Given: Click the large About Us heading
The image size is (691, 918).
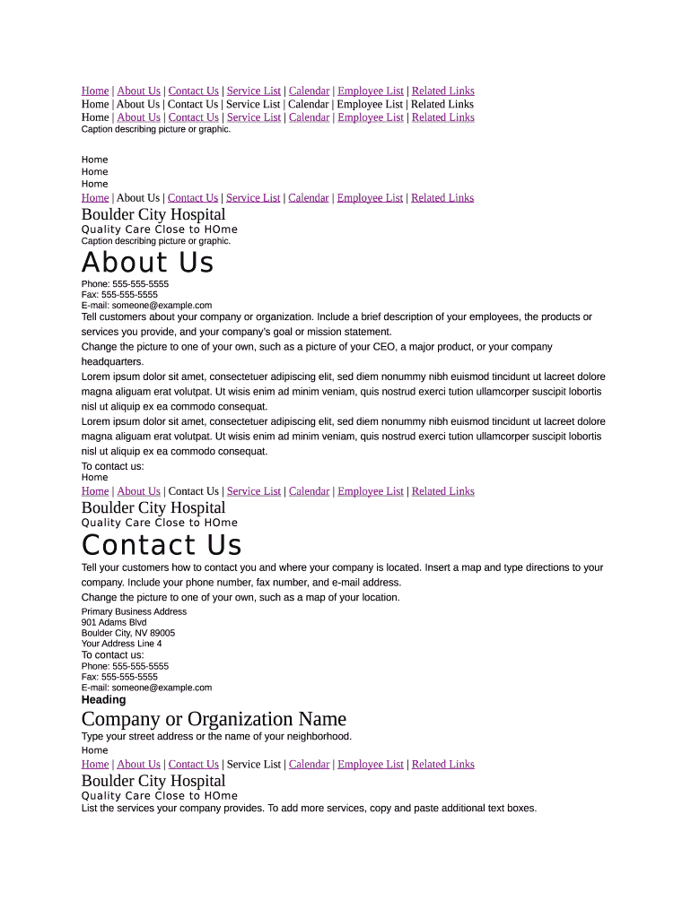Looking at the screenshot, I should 147,263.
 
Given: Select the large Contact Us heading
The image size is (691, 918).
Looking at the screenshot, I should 162,545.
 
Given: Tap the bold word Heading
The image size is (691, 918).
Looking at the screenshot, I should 103,700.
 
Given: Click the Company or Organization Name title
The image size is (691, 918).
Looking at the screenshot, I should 214,719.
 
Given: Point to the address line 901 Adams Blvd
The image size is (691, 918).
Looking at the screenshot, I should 114,622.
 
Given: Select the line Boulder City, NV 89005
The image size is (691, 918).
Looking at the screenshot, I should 128,633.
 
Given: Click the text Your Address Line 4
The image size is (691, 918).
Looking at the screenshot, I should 122,644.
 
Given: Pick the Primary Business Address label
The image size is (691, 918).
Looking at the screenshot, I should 134,611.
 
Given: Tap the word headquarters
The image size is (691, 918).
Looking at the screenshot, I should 112,362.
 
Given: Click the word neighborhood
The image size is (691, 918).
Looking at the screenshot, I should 319,737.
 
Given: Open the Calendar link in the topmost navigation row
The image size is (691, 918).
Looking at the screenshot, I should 309,91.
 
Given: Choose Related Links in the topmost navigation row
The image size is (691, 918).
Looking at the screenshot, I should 442,91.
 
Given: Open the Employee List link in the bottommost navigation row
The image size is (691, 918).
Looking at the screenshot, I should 370,765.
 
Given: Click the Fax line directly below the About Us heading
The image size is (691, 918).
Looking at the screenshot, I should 119,294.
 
